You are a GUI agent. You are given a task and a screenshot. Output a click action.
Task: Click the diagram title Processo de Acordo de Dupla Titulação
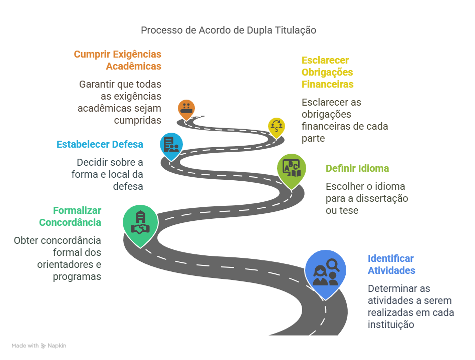pos(228,30)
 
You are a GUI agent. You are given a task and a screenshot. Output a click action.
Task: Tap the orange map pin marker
pos(186,109)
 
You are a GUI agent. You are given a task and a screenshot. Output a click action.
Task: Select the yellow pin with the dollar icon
pos(276,127)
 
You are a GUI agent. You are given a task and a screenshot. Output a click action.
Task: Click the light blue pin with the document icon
pos(171,146)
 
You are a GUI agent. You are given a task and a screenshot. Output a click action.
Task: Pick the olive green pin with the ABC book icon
pos(292,170)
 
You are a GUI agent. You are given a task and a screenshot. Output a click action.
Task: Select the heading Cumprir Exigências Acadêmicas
pos(118,60)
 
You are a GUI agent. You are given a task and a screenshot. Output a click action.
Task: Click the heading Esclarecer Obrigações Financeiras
pos(328,72)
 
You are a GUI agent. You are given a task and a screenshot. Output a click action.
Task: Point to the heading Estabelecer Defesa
pos(100,144)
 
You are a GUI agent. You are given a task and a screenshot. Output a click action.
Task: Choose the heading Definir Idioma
pos(357,168)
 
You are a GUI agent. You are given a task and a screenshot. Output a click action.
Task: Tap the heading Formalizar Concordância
pos(70,216)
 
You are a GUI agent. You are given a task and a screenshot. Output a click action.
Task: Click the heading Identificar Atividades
pos(391,264)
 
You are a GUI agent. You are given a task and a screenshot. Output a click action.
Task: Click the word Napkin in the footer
pos(57,346)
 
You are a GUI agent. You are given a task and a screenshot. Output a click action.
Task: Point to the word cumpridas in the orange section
pos(137,120)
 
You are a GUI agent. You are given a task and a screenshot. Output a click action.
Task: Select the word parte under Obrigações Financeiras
pos(313,138)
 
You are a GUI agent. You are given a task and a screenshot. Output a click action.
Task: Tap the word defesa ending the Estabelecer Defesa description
pos(128,186)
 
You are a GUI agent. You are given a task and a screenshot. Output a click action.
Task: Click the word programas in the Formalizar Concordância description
pos(77,277)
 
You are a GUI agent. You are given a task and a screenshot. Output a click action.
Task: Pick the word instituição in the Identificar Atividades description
pos(391,324)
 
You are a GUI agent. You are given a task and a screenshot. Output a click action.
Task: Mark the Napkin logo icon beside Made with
pos(43,346)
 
